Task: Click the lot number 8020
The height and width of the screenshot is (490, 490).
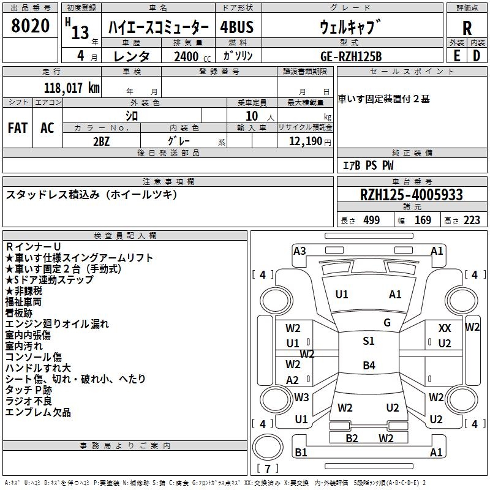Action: coord(30,25)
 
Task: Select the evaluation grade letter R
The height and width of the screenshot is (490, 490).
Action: coord(467,28)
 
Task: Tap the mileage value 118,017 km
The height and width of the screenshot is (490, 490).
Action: coord(72,88)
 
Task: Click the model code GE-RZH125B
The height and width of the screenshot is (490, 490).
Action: coord(351,56)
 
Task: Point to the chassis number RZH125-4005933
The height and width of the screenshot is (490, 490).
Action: coord(411,195)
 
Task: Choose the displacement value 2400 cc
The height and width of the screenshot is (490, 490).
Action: coord(192,56)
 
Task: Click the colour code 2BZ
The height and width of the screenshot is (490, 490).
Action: coord(101,141)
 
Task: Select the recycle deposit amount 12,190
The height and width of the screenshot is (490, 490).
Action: coord(305,141)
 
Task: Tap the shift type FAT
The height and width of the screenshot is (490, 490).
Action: coord(18,128)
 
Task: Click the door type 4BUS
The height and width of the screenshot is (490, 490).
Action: coord(236,27)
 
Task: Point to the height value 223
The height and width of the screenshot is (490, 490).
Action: coord(472,221)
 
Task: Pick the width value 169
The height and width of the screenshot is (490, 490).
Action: coord(423,221)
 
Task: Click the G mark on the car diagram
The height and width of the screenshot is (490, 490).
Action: coord(387,323)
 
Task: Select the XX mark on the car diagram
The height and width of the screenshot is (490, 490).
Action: coord(445,328)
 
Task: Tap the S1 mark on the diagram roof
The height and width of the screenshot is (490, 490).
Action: coord(369,341)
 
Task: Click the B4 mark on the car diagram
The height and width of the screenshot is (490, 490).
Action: coord(369,365)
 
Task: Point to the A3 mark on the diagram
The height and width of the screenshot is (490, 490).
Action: coord(300,251)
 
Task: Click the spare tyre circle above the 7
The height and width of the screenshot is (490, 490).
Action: coord(268,447)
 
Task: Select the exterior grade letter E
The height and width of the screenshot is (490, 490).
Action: coord(456,56)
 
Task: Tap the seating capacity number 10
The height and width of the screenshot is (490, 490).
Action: coord(252,116)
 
